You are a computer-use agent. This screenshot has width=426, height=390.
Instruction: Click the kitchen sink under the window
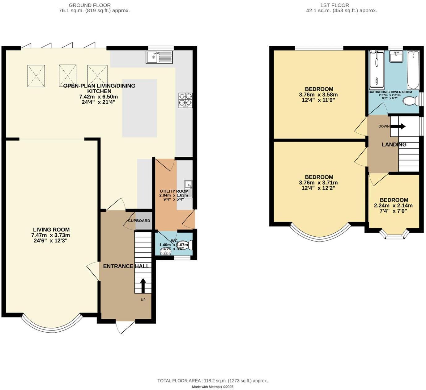click(x=159, y=57)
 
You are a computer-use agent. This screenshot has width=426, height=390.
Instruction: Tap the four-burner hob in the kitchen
click(x=185, y=100)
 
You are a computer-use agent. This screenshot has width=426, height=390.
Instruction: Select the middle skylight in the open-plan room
click(x=67, y=76)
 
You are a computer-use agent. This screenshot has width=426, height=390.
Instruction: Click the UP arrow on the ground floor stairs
click(x=143, y=286)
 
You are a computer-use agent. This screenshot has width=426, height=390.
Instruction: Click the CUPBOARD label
click(x=139, y=221)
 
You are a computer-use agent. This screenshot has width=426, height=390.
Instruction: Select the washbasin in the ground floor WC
click(x=165, y=251)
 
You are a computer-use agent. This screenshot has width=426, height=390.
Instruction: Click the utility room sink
click(x=189, y=189)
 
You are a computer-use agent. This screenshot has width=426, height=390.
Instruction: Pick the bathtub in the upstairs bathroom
click(x=413, y=70)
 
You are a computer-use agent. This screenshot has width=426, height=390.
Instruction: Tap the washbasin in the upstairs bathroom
click(x=396, y=57)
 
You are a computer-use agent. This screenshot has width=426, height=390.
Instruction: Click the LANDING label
click(x=394, y=144)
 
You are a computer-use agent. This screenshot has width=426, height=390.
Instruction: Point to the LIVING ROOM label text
click(x=51, y=230)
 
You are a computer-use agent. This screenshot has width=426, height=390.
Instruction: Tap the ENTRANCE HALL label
click(x=126, y=266)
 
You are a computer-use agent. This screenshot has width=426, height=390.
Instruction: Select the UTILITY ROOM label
click(x=174, y=191)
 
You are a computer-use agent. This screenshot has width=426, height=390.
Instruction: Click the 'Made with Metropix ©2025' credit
click(x=212, y=387)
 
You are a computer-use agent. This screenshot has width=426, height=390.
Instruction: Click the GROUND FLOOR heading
click(x=89, y=5)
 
